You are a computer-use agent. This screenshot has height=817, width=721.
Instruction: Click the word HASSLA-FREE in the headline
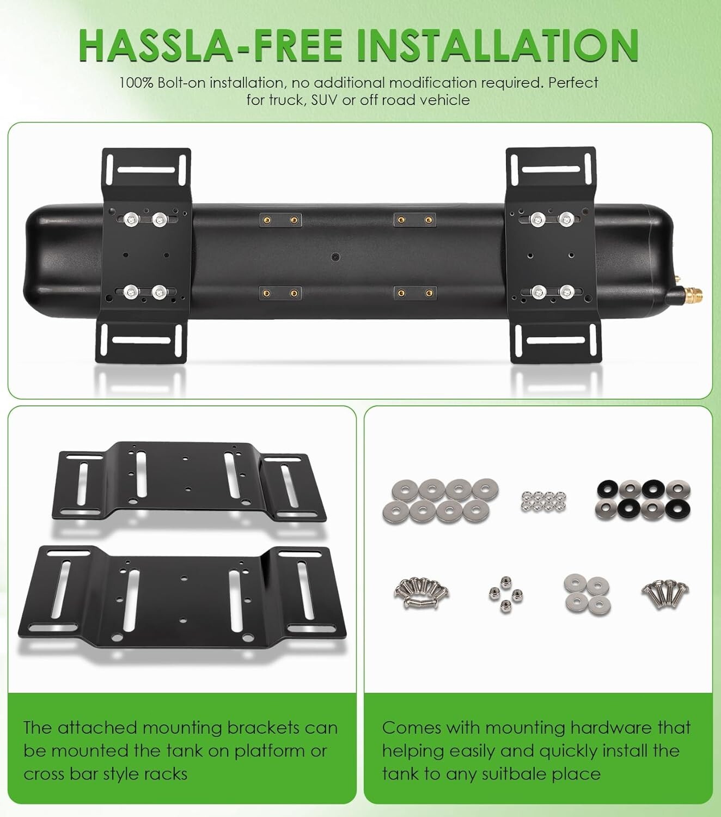click(x=211, y=45)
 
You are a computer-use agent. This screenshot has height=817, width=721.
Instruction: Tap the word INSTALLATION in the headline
click(x=498, y=45)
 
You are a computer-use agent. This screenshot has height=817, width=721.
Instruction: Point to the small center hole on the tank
click(x=335, y=257)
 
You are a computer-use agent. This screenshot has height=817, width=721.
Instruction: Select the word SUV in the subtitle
click(x=324, y=100)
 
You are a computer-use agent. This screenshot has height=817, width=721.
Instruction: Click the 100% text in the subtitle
click(x=136, y=83)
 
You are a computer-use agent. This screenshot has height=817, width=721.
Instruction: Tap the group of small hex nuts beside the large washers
click(x=543, y=501)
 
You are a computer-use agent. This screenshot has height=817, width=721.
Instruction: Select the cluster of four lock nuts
click(x=506, y=594)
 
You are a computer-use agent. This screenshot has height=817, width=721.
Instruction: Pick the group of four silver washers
click(x=587, y=594)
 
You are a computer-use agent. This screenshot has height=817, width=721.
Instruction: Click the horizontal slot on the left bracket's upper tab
click(x=146, y=170)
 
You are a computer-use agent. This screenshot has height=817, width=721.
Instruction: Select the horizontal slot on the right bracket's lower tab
click(x=555, y=340)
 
